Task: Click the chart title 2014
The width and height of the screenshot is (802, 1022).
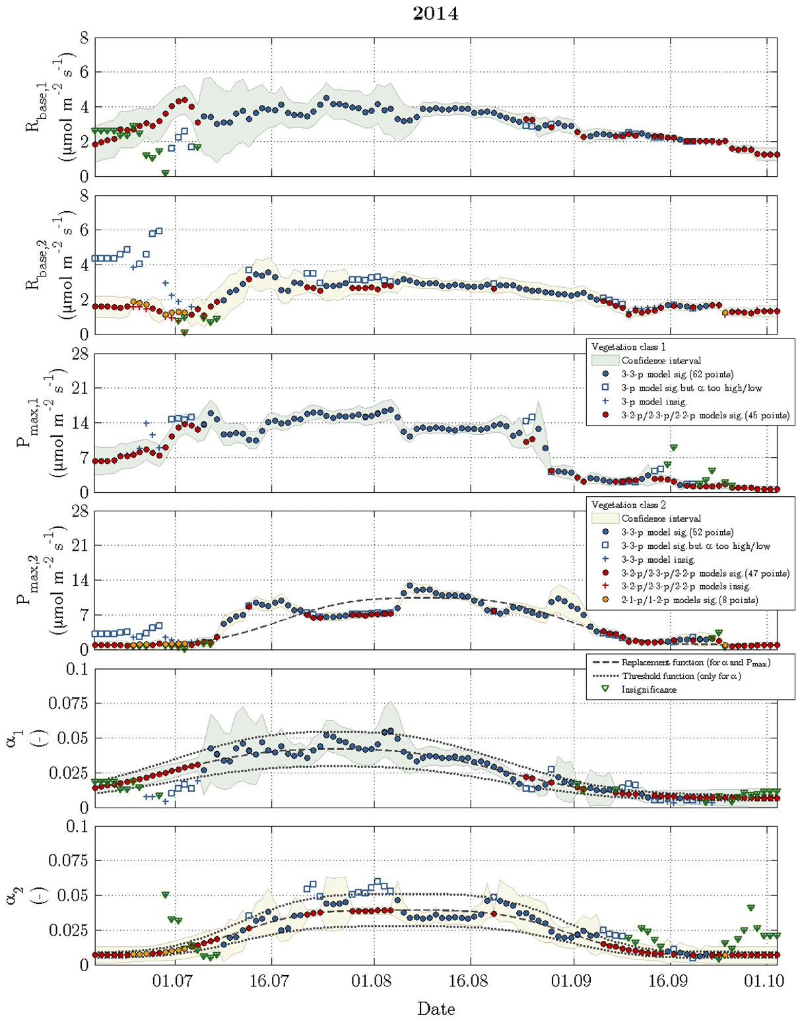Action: (x=436, y=13)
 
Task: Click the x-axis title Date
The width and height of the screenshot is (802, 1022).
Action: (x=436, y=1008)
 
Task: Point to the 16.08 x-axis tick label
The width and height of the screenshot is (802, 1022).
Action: (x=471, y=981)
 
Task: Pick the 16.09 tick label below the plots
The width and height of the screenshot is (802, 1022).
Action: (x=668, y=981)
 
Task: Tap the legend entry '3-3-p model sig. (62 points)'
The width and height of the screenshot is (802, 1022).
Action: (x=677, y=374)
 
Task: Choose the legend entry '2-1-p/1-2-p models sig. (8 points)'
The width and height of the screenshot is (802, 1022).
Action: (x=689, y=600)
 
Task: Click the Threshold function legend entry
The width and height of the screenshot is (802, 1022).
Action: (x=681, y=676)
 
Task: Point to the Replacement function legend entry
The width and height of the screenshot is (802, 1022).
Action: (x=696, y=662)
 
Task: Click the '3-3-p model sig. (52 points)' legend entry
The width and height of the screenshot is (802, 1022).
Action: (x=677, y=532)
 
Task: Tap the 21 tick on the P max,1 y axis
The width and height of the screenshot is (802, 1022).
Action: (x=80, y=388)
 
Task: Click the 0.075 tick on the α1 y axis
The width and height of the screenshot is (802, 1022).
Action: (x=69, y=703)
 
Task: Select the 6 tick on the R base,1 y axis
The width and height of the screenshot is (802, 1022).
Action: (x=84, y=72)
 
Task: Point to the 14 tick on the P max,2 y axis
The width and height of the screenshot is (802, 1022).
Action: (x=80, y=581)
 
